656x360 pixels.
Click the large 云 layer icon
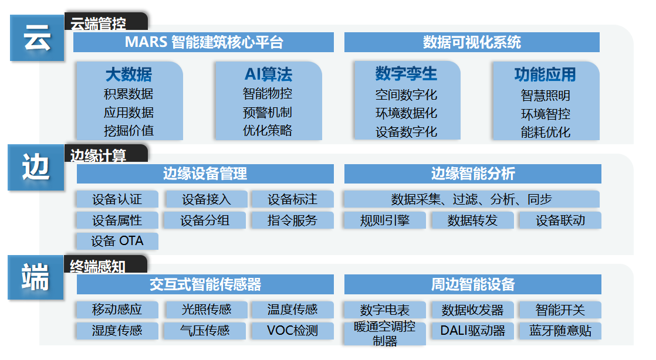pyautogui.click(x=37, y=39)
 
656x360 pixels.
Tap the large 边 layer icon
pyautogui.click(x=36, y=168)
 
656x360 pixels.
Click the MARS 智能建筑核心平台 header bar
pyautogui.click(x=204, y=42)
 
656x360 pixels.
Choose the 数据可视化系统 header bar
pyautogui.click(x=472, y=42)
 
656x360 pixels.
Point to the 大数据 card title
pyautogui.click(x=129, y=74)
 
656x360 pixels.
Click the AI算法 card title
pyautogui.click(x=268, y=74)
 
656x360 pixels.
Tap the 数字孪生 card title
pyautogui.click(x=406, y=74)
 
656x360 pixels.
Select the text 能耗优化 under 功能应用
pyautogui.click(x=545, y=132)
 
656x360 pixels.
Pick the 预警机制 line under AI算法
pyautogui.click(x=268, y=112)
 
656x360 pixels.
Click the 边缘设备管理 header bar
pyautogui.click(x=205, y=174)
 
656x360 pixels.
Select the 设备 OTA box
pyautogui.click(x=117, y=241)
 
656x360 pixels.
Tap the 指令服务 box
pyautogui.click(x=292, y=220)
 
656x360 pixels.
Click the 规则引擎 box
pyautogui.click(x=385, y=220)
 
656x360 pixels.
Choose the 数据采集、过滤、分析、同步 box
pyautogui.click(x=471, y=199)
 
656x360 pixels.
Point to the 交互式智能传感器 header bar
pyautogui.click(x=205, y=285)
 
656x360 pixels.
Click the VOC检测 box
pyautogui.click(x=292, y=331)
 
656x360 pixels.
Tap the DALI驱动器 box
pyautogui.click(x=472, y=331)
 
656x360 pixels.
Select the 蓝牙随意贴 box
pyautogui.click(x=560, y=331)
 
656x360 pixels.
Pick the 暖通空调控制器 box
pyautogui.click(x=385, y=333)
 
